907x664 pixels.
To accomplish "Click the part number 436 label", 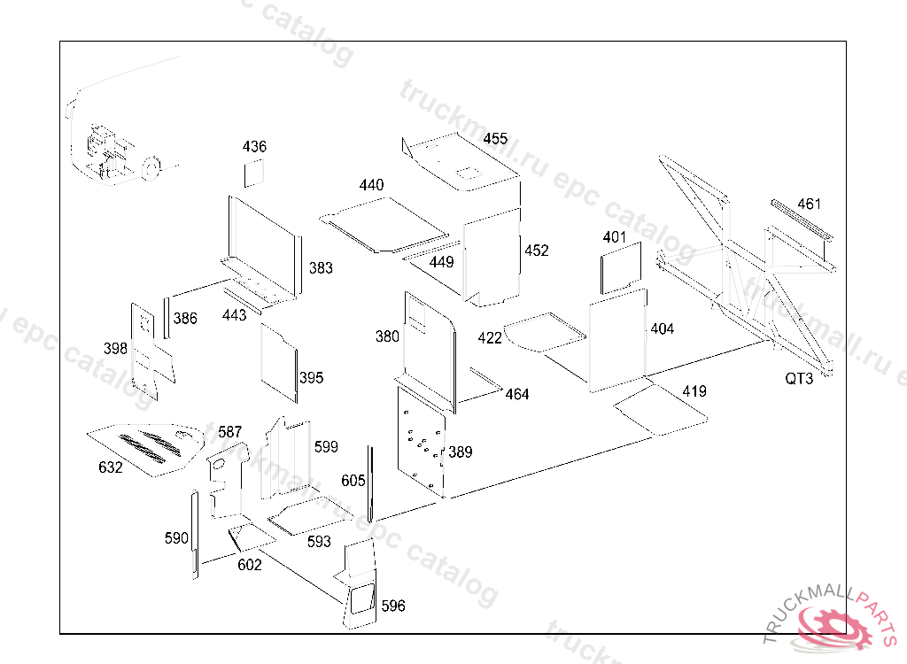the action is [254, 146].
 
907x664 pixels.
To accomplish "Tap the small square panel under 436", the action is [253, 174].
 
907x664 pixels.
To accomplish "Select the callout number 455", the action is [495, 139].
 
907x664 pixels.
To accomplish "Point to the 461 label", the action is [809, 205].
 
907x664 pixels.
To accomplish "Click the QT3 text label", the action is [799, 378].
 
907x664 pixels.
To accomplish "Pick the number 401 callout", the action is [615, 237].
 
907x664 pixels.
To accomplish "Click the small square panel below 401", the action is [621, 268].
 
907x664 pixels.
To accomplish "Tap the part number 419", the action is [694, 391].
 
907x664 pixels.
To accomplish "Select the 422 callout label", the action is [489, 338].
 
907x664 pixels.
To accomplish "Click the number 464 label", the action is [517, 395].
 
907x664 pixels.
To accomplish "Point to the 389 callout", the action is [461, 452].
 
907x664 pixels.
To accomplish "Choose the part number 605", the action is [353, 481].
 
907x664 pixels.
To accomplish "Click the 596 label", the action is [393, 606].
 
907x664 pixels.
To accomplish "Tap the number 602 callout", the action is [249, 565].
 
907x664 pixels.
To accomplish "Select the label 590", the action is [176, 538].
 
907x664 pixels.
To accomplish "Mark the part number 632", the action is [111, 467].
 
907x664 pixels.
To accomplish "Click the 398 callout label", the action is [115, 349].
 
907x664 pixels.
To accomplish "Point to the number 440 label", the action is [371, 185].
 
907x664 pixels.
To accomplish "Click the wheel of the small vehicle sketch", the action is [151, 167].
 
